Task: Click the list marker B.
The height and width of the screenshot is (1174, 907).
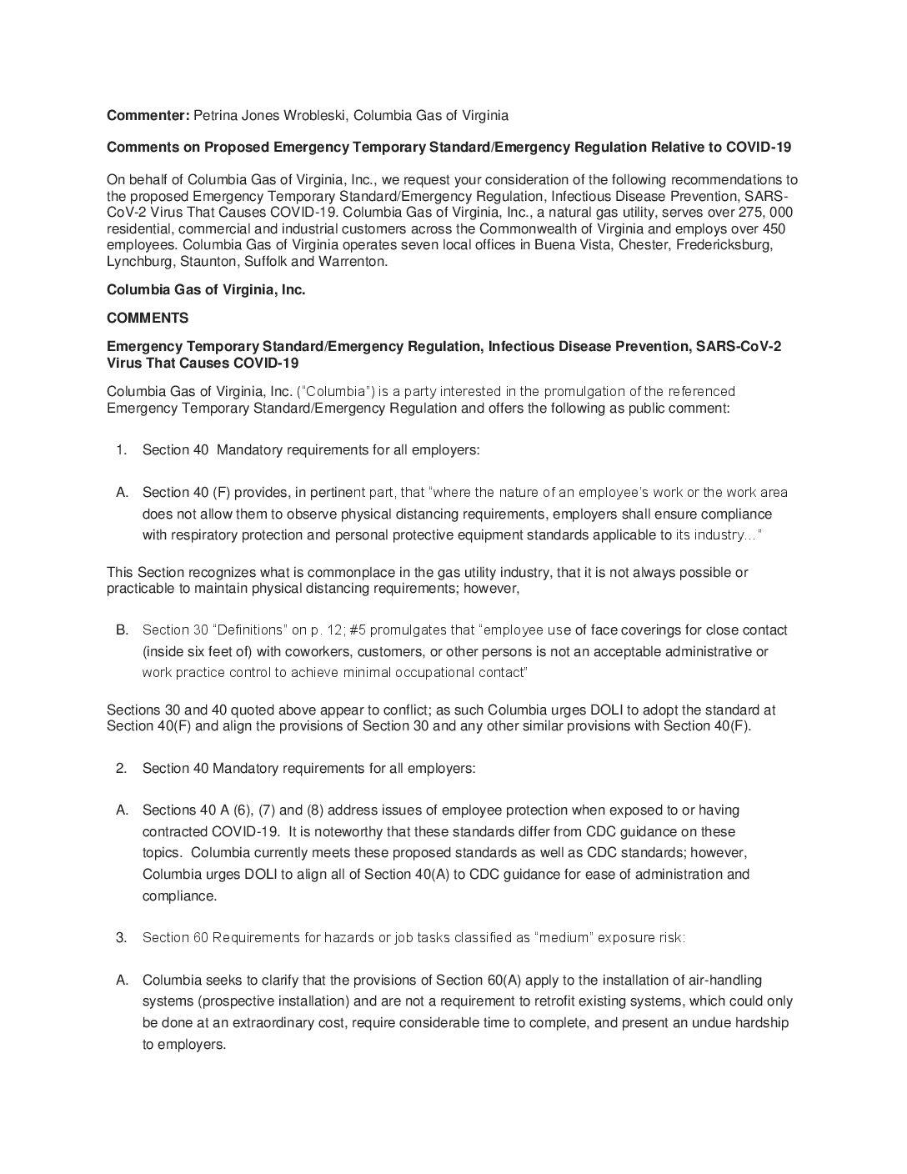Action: [x=122, y=630]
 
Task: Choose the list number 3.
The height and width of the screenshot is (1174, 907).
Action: [x=122, y=937]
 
